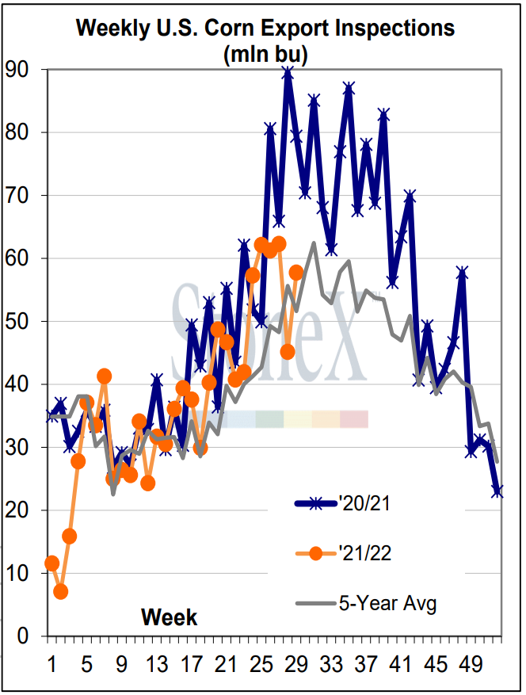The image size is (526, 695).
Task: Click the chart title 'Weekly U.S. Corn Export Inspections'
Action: click(265, 28)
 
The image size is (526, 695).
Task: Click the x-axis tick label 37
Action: click(365, 662)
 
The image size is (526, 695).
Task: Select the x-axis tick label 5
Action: click(87, 662)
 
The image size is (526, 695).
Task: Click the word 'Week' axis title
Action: click(170, 617)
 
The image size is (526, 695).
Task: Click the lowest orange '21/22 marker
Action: click(61, 591)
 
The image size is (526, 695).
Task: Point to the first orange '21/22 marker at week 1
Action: click(52, 563)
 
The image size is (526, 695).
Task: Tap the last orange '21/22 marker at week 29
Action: click(296, 273)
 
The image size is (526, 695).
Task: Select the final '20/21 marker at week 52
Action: click(497, 491)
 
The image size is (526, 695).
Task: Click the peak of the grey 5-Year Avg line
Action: click(314, 243)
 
